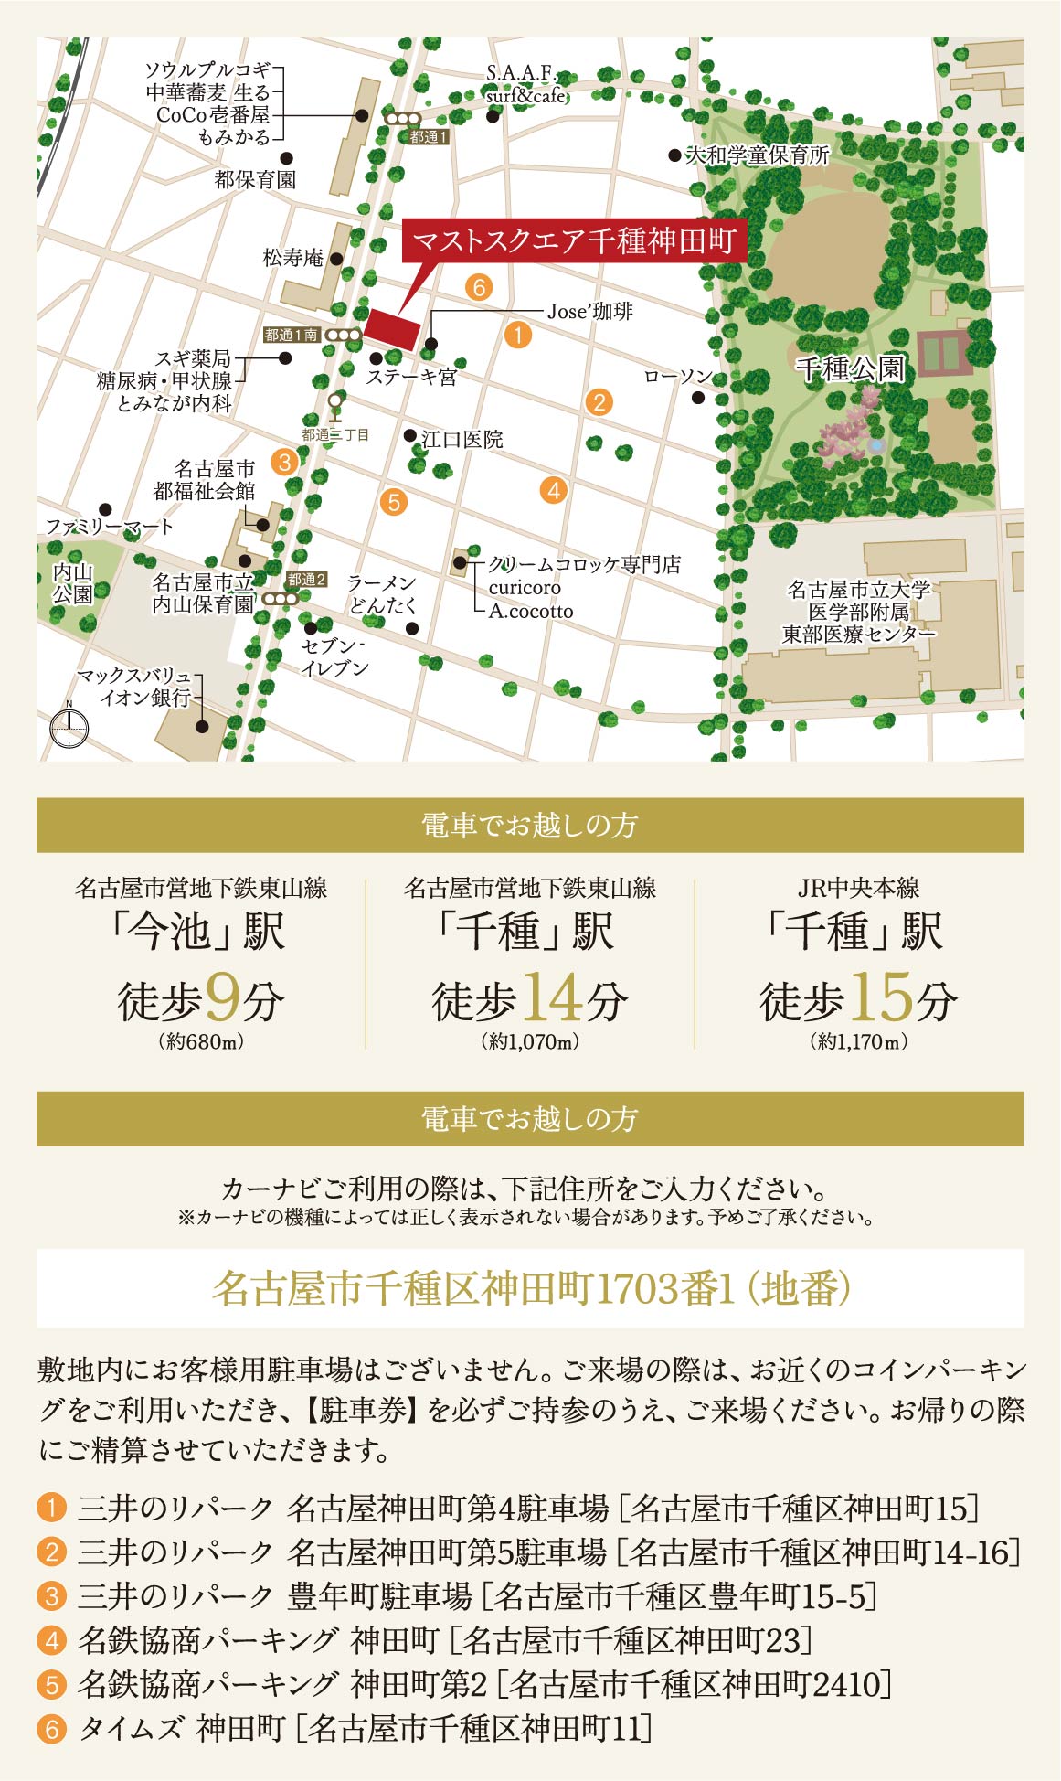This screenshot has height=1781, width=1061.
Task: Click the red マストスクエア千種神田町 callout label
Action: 574,241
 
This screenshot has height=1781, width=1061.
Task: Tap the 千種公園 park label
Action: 850,368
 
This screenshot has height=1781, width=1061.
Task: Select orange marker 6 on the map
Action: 478,287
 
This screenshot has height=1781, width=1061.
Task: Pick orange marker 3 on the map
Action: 285,461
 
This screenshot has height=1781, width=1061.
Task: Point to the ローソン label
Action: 677,377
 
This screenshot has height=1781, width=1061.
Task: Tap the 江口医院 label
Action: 462,440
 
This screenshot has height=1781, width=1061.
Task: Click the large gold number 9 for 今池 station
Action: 224,997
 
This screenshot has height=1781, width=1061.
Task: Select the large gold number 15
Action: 882,997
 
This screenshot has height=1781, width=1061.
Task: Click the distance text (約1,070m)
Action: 530,1041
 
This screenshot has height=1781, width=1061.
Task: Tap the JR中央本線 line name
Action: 858,888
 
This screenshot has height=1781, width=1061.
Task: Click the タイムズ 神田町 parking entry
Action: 182,1728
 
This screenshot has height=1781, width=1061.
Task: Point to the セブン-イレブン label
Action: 335,657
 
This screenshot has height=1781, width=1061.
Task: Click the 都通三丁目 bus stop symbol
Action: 335,405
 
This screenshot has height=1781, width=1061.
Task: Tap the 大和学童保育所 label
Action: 758,155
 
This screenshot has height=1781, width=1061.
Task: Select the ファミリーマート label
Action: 109,527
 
